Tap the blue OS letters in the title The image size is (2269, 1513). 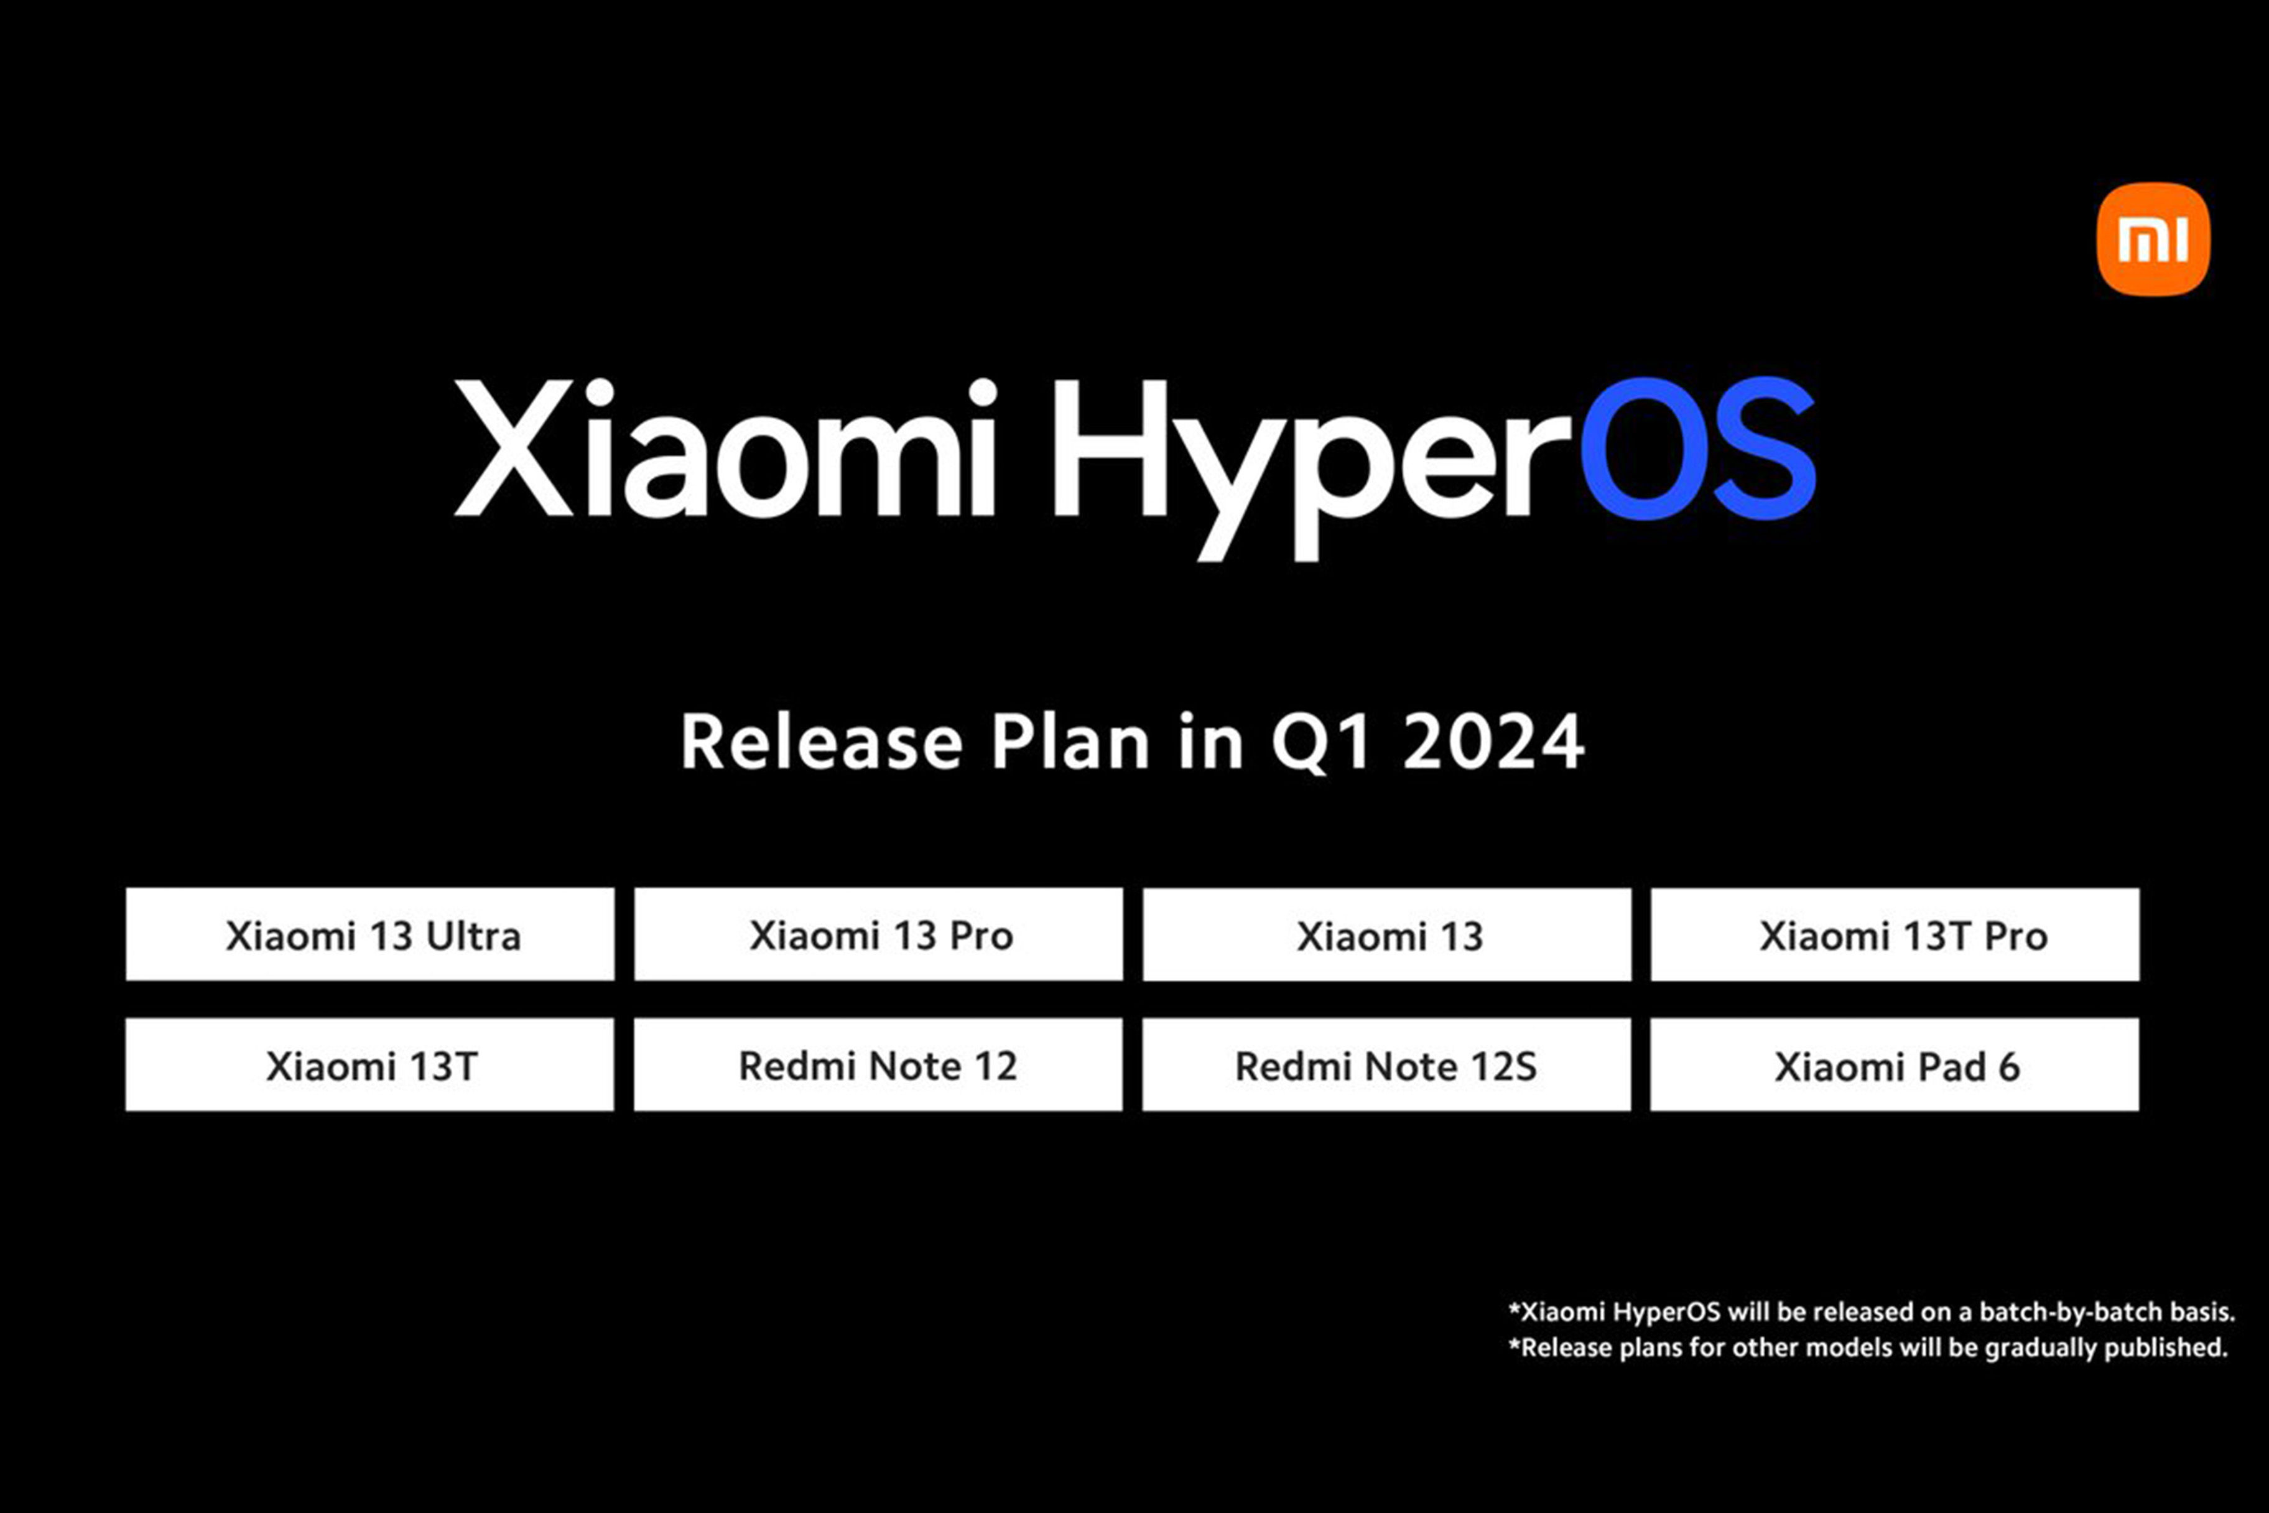point(1698,450)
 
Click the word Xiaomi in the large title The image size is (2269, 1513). point(723,450)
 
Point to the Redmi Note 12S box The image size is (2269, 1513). point(1386,1065)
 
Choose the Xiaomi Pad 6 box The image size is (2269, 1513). point(1895,1065)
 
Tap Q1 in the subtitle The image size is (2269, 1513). point(1320,743)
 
